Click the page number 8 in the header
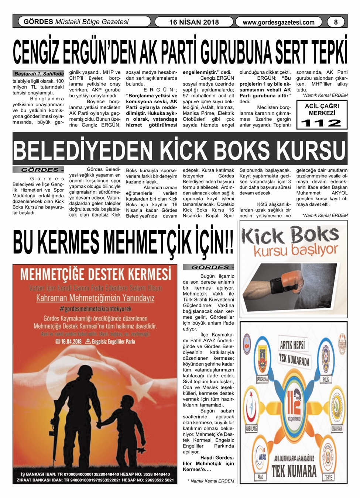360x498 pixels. [336, 22]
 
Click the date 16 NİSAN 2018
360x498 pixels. [194, 22]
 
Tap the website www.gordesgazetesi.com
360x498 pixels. [278, 22]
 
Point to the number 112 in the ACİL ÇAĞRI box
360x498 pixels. [321, 123]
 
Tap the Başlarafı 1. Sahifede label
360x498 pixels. [39, 74]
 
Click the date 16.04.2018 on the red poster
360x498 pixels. [69, 342]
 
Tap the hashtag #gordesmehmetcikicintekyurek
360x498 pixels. [95, 308]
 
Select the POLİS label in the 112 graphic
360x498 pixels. [326, 379]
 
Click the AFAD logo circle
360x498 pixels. [262, 457]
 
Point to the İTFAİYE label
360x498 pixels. [328, 477]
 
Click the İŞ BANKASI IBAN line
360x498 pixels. [95, 474]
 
